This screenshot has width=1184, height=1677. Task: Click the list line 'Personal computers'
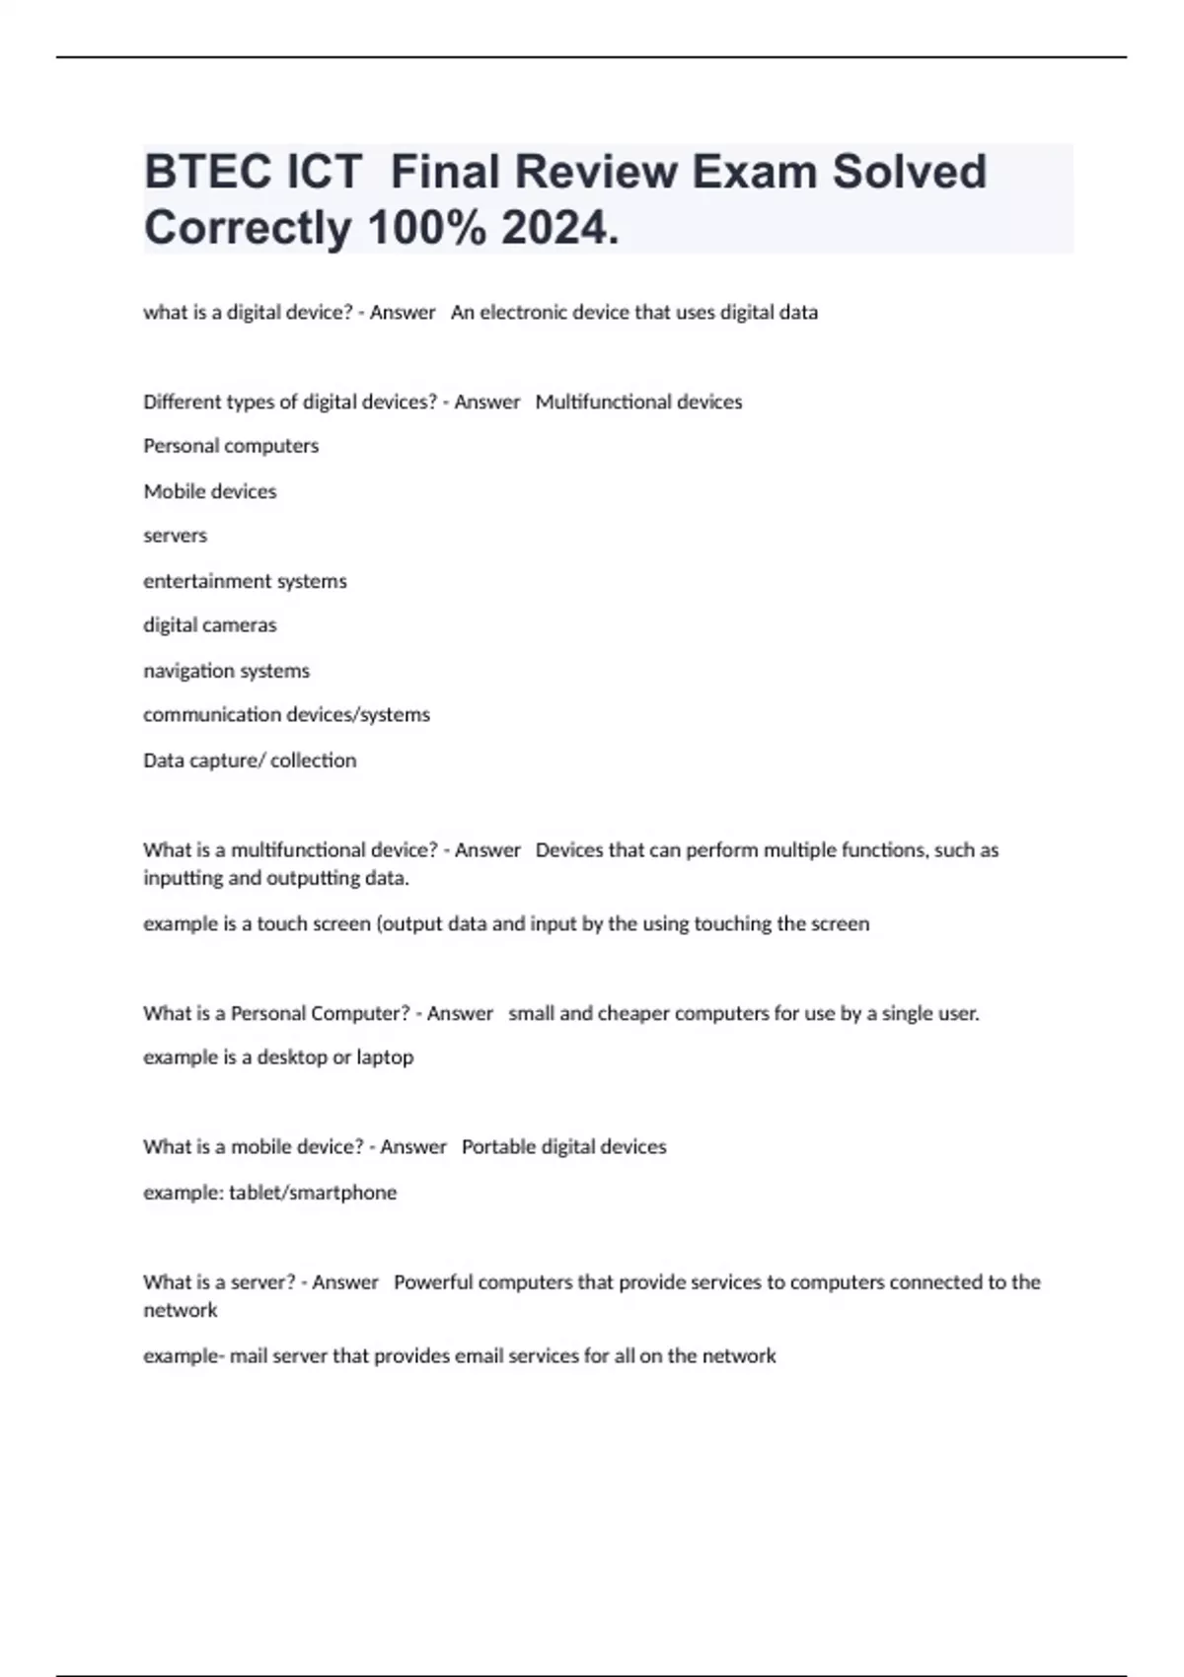coord(231,446)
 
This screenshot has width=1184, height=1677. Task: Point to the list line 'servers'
coord(175,536)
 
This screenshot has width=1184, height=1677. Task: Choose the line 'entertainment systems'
coord(245,581)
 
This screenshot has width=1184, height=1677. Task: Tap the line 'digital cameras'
coord(209,625)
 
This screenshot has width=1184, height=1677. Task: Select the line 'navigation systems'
coord(226,671)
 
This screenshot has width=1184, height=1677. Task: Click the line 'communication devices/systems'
coord(286,714)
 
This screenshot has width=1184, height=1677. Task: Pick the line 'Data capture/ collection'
coord(250,761)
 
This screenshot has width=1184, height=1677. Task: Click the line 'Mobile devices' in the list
coord(209,491)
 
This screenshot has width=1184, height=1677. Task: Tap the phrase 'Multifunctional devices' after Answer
coord(638,401)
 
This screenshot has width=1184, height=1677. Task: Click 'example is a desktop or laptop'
coord(278,1057)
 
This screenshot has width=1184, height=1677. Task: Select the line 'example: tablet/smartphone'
coord(269,1193)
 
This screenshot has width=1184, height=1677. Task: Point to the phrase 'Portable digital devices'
coord(563,1147)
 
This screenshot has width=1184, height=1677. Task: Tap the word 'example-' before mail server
coord(184,1356)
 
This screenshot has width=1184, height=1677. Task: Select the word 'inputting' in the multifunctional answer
coord(183,878)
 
